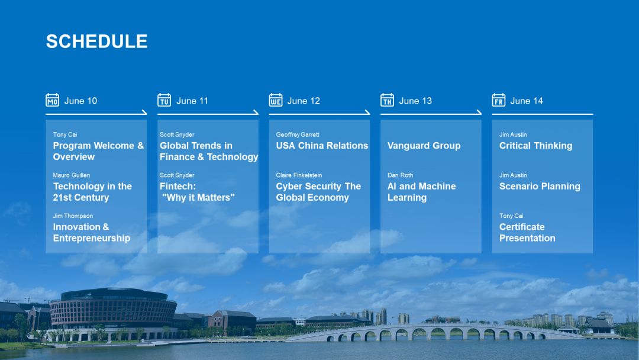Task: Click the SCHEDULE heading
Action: pos(96,41)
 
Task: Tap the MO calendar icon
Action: pos(52,100)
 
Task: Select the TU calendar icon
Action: pos(164,100)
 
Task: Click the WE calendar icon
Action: pos(276,100)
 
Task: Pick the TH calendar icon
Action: pos(387,100)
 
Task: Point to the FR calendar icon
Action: pos(498,100)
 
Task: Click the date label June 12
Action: pos(304,101)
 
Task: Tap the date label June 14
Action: pos(527,101)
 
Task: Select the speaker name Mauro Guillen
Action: pos(72,175)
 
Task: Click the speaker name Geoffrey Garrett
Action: pos(298,134)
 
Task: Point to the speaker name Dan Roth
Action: pos(400,175)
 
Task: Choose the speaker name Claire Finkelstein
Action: pos(299,175)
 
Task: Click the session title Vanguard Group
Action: pos(424,146)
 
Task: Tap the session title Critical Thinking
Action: pos(536,146)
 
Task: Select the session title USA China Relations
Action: pos(322,146)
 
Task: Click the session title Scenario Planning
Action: pos(540,187)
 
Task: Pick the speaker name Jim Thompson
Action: pos(73,216)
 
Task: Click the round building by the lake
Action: pos(113,312)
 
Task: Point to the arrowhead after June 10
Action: pos(144,112)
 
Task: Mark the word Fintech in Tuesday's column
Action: pos(177,187)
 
